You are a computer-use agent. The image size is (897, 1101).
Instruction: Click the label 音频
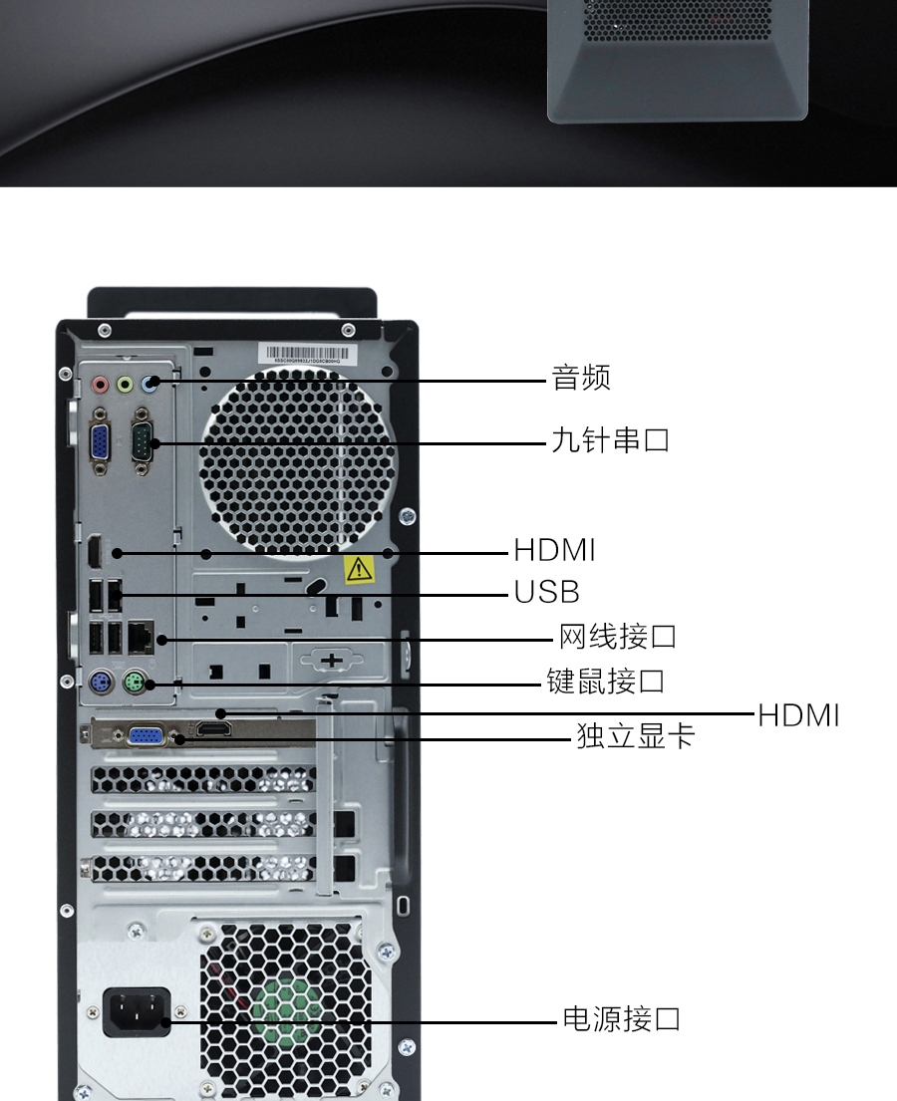[581, 378]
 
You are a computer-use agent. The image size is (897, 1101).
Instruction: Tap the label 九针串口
[610, 440]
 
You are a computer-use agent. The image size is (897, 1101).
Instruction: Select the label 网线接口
[617, 637]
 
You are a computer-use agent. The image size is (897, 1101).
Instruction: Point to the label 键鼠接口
[606, 682]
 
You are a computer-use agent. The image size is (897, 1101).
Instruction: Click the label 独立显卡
[636, 736]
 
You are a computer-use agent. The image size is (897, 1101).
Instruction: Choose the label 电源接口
[622, 1019]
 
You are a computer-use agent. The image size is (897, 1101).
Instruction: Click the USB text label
[546, 592]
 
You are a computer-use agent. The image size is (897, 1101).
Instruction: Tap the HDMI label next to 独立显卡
[798, 715]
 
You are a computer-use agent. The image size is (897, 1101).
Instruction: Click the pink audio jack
[101, 384]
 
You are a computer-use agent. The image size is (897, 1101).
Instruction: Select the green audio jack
[125, 384]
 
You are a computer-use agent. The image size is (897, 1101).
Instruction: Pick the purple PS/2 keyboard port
[101, 681]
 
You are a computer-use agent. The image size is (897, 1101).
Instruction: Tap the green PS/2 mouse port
[135, 682]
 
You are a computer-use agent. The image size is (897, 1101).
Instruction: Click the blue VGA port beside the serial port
[100, 443]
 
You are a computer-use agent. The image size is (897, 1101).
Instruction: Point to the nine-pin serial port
[142, 441]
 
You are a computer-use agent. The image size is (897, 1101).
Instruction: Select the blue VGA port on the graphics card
[147, 736]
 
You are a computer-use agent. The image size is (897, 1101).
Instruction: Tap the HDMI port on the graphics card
[213, 729]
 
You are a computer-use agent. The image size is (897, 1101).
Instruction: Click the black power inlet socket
[137, 1012]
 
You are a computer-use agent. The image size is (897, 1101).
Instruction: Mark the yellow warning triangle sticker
[359, 569]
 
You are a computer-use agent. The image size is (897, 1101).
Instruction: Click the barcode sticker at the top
[308, 354]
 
